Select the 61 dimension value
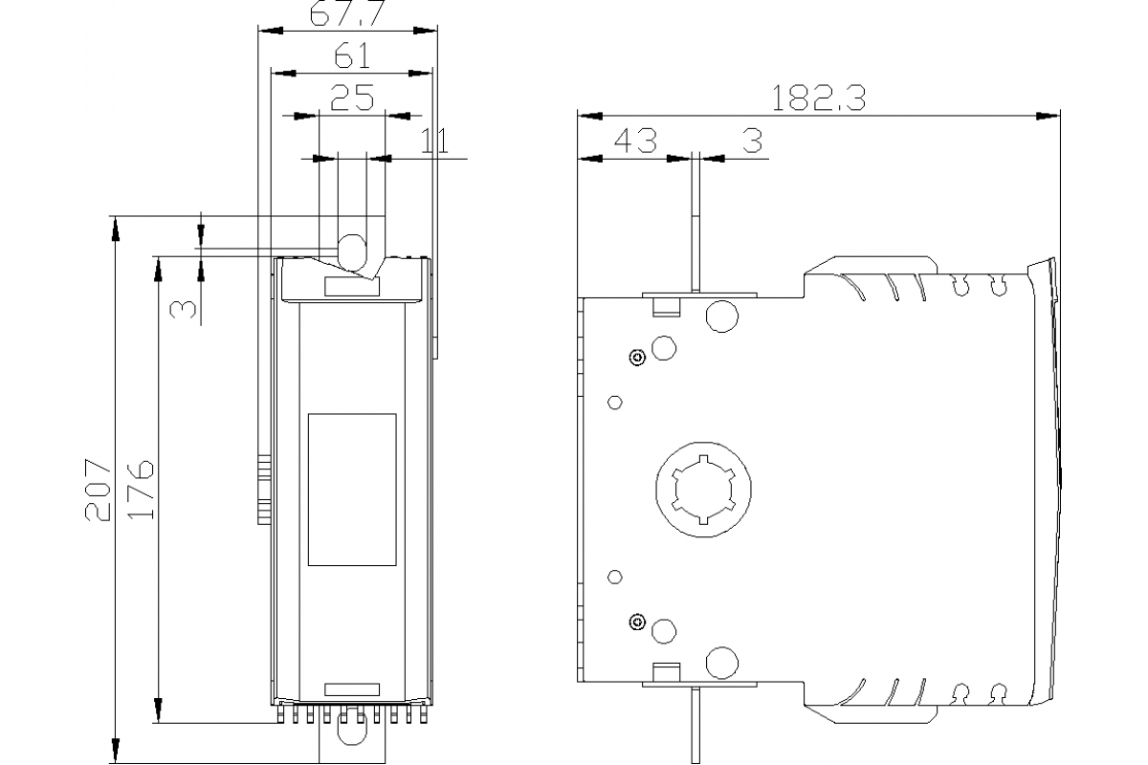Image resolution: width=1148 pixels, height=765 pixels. coord(352,56)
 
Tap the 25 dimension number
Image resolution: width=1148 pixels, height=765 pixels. coord(351,98)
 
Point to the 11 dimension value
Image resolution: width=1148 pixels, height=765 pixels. coord(434,140)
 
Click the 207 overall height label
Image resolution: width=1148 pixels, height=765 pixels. coord(99,489)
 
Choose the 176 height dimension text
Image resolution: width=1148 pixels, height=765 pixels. coord(141,489)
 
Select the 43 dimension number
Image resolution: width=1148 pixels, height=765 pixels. coord(635,141)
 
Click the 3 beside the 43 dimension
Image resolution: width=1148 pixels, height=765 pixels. coord(752,141)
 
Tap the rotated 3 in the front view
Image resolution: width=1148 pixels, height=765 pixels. coord(183,308)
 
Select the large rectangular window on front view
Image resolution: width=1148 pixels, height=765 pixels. coord(352,490)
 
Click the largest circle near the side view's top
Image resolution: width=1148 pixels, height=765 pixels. coord(722,316)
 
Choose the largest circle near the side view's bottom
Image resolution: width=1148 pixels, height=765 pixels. coord(722,662)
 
